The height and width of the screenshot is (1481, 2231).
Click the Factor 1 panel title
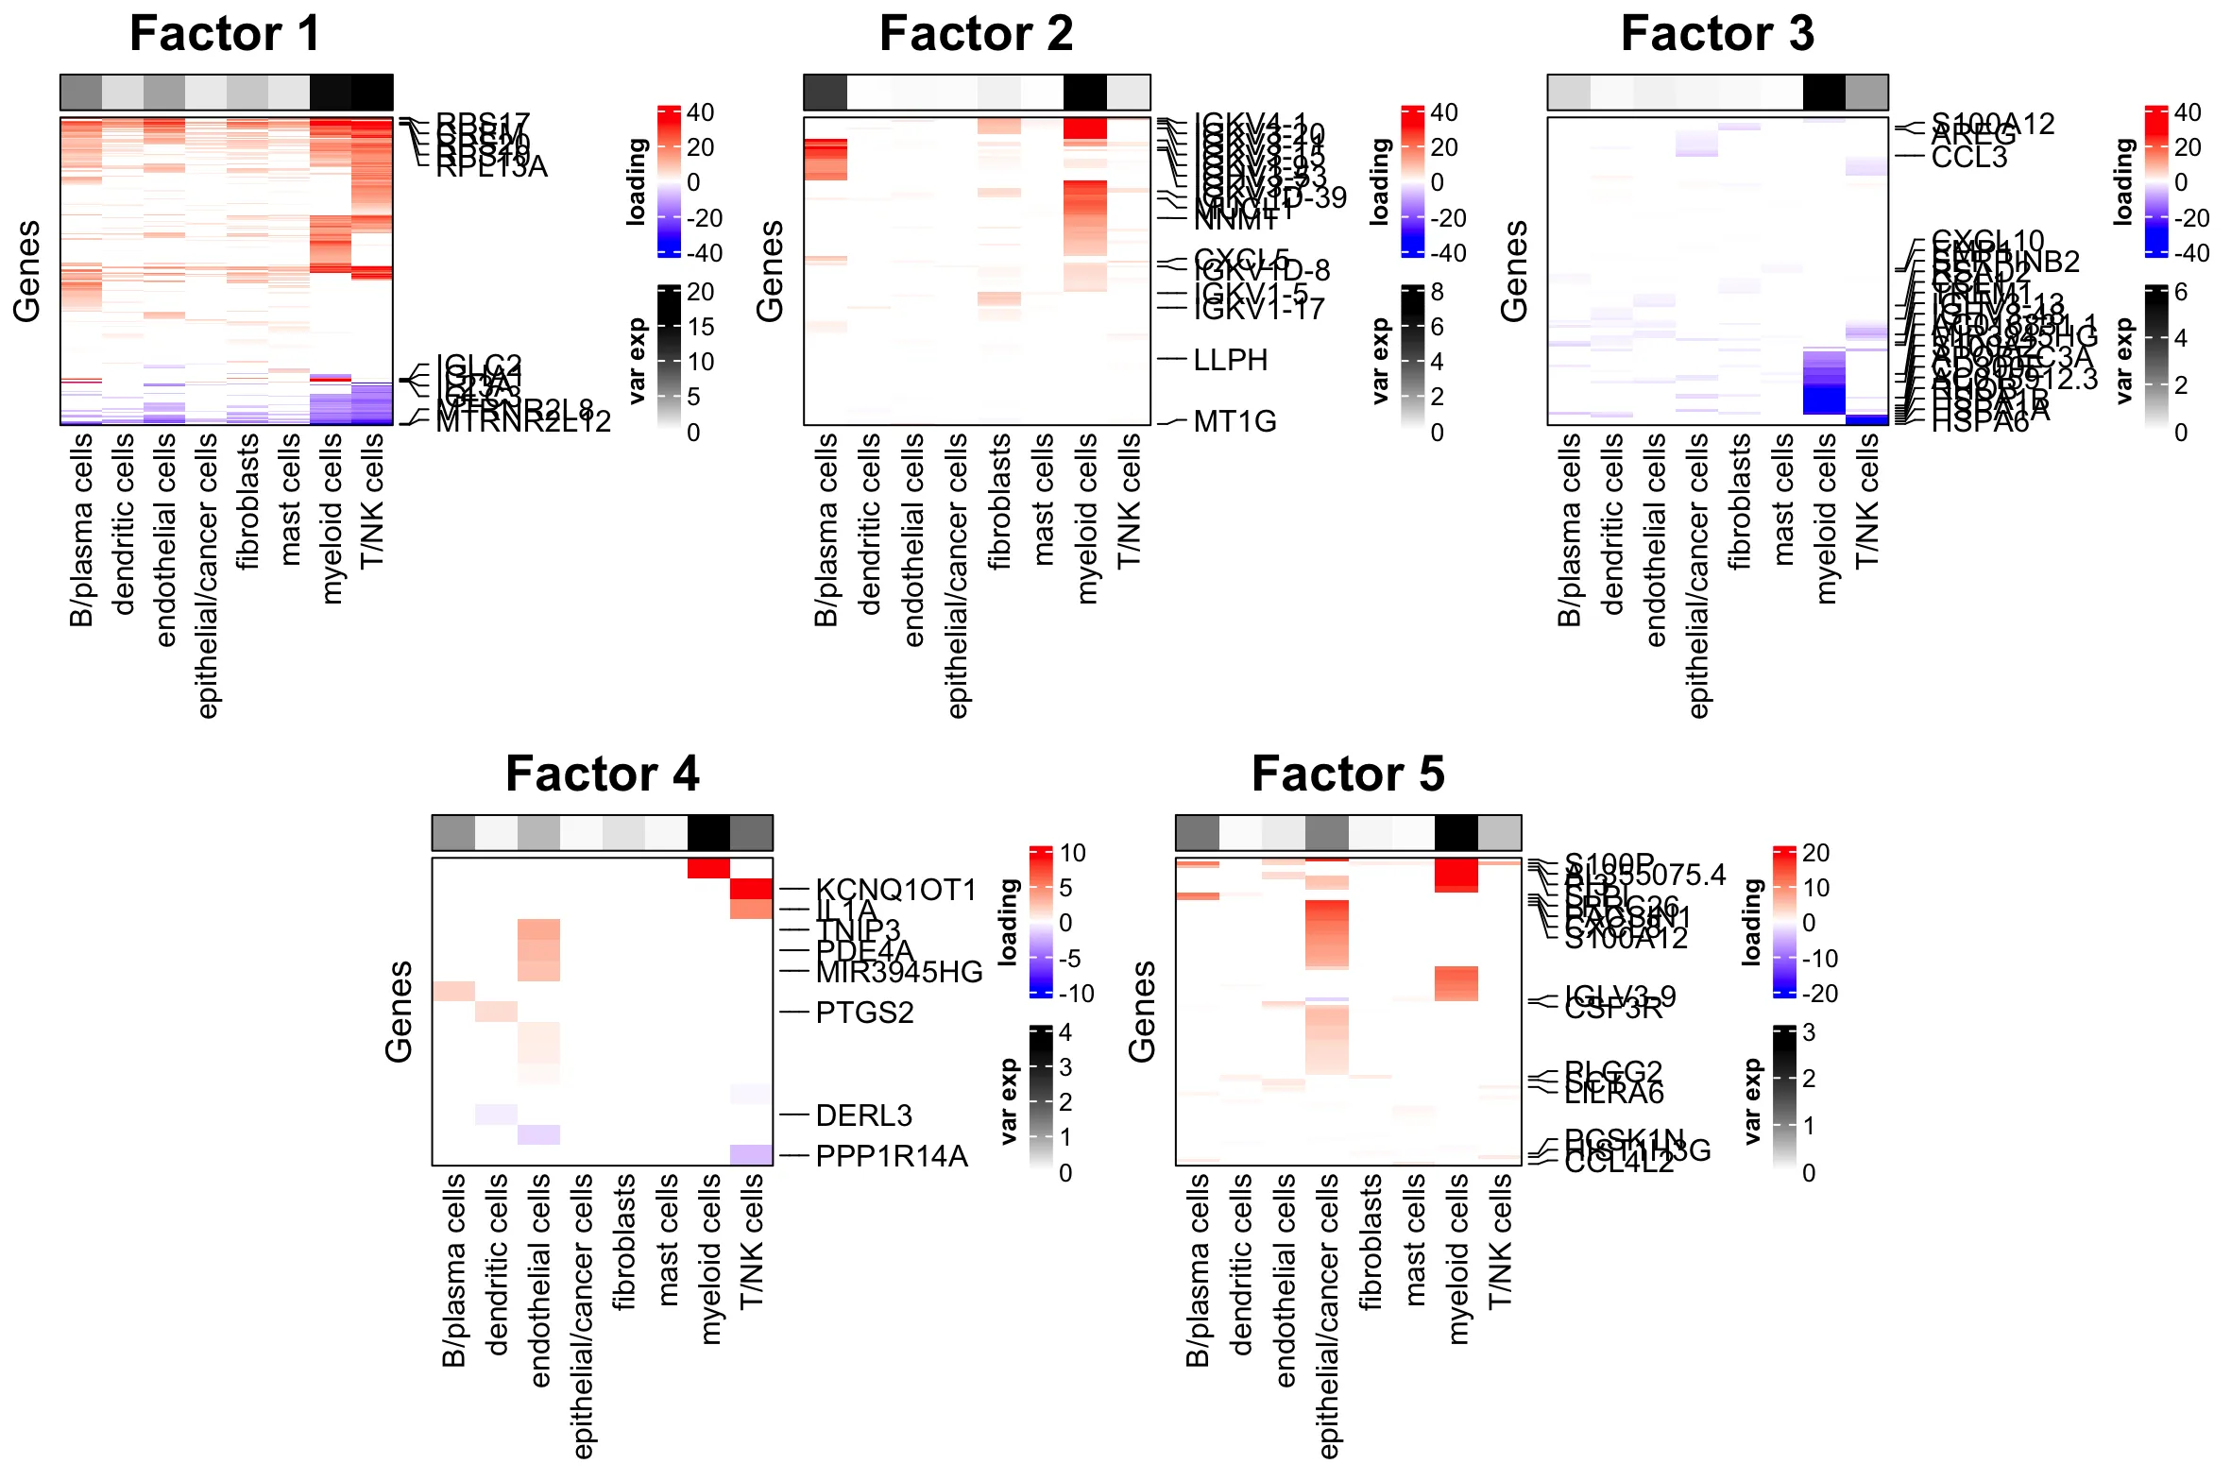click(225, 34)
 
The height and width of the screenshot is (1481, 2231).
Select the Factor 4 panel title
click(602, 775)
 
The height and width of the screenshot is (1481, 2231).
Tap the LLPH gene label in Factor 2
click(1230, 360)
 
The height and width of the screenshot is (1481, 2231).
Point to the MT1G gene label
click(1235, 421)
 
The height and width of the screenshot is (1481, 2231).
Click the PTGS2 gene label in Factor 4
click(864, 1013)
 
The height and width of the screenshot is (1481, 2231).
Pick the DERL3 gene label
click(863, 1115)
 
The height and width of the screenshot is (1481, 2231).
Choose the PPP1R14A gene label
click(892, 1156)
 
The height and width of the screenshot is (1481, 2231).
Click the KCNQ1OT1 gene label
click(895, 890)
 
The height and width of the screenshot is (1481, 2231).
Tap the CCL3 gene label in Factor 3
click(1968, 157)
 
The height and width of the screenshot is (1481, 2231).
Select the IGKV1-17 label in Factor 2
click(1258, 309)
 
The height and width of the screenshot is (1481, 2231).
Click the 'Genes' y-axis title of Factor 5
click(1142, 1012)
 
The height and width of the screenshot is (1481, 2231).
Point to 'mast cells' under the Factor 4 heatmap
click(668, 1239)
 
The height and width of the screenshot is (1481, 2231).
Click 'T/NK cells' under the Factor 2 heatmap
click(1129, 501)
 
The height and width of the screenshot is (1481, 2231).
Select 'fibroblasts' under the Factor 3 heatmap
click(1740, 501)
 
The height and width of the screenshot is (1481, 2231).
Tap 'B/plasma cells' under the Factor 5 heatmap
click(1198, 1269)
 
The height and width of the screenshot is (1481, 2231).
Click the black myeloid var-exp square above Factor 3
click(1823, 93)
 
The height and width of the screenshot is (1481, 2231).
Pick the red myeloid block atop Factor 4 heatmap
click(708, 868)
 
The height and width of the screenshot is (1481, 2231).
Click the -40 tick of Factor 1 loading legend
click(704, 253)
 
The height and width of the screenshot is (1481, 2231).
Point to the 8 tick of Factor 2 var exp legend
click(1437, 292)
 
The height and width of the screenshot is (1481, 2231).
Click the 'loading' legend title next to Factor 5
click(1752, 922)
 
